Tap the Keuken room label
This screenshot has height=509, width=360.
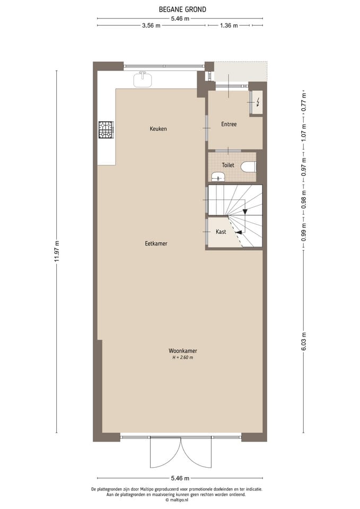pos(158,129)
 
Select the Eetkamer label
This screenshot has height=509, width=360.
pos(156,243)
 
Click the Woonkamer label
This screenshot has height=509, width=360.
pos(182,351)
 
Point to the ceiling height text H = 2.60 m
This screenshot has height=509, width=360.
pos(182,358)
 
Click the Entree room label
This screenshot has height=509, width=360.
pos(229,124)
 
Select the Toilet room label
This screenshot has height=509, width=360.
pos(228,165)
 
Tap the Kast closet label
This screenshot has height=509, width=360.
pos(221,232)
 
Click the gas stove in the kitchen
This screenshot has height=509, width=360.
pos(106,130)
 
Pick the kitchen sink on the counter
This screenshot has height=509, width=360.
pos(143,80)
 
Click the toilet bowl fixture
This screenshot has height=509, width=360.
pos(248,167)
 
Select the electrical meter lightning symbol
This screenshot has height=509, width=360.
pos(258,102)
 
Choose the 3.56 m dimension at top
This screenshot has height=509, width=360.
pos(151,25)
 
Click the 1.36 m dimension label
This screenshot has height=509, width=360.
pos(229,25)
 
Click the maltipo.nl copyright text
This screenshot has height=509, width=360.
pos(180,499)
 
